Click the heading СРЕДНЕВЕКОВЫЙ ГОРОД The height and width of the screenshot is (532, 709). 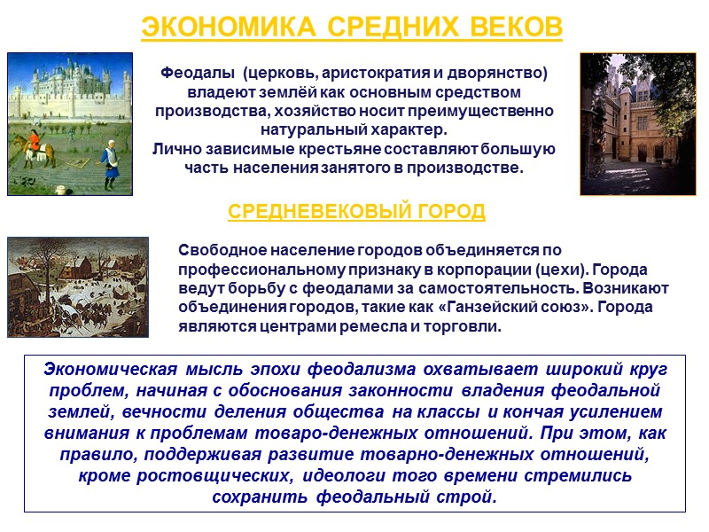356,212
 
